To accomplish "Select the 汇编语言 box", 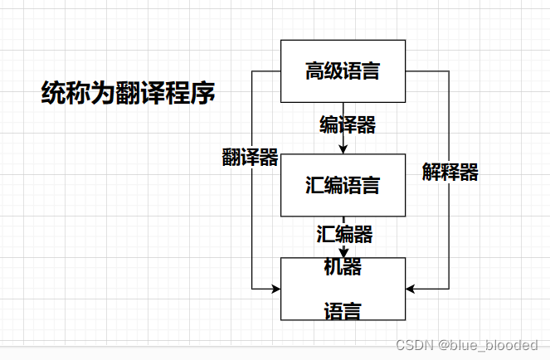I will [x=343, y=185].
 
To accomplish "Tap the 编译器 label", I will [x=348, y=125].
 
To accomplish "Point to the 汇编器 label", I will [x=344, y=234].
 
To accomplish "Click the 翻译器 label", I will [x=250, y=158].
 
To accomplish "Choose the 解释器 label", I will [x=450, y=172].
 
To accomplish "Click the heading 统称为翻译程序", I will [x=129, y=92].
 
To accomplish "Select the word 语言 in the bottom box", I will [x=343, y=312].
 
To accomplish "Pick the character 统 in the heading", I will [x=54, y=92].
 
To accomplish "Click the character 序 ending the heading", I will [x=203, y=92].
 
